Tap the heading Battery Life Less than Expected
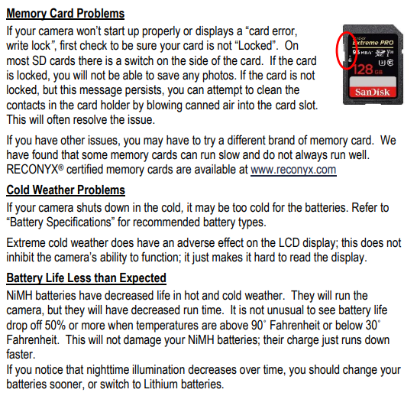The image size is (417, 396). (x=86, y=278)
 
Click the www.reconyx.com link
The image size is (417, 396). (x=293, y=169)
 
